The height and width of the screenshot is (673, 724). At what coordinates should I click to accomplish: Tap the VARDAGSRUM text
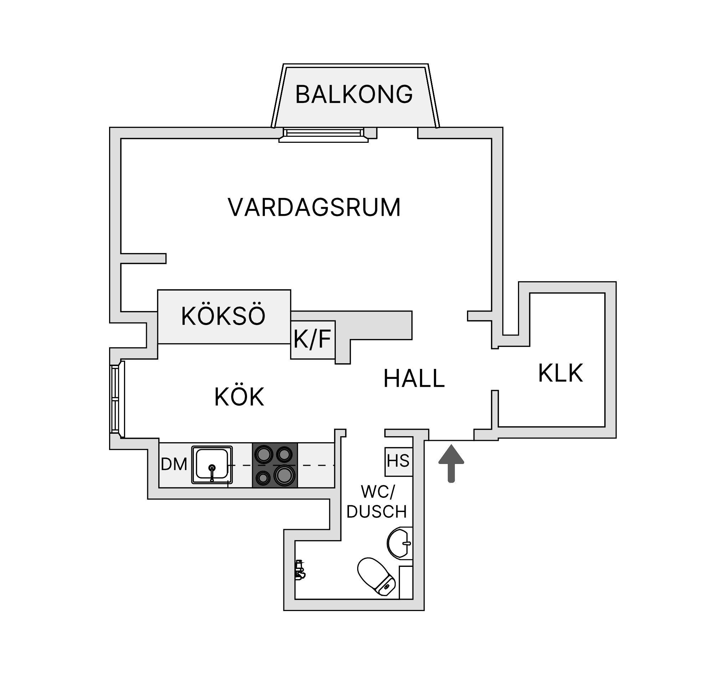coord(314,207)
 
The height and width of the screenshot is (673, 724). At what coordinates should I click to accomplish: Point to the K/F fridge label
coord(312,339)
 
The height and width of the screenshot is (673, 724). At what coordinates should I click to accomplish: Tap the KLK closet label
coord(560,373)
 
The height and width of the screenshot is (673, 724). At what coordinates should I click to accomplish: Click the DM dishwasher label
coord(174,465)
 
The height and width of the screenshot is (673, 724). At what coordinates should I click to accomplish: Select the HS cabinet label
coord(398,461)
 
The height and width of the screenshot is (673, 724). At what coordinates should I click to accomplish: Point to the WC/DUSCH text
coord(376,502)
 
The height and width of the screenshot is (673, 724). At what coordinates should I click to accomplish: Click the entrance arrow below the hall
coord(451,464)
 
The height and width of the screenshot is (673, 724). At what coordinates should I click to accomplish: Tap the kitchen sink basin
coord(212,465)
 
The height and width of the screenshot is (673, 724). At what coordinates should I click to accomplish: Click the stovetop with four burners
coord(275,465)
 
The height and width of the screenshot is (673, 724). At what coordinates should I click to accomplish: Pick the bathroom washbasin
coord(400,543)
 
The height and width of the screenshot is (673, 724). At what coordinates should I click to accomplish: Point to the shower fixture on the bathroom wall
coord(300,570)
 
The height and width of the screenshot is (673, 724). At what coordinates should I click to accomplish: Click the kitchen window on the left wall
coord(117,399)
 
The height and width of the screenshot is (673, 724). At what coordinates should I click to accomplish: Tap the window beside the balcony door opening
coord(323,135)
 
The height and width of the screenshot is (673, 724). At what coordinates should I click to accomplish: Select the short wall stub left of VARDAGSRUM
coord(143,258)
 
